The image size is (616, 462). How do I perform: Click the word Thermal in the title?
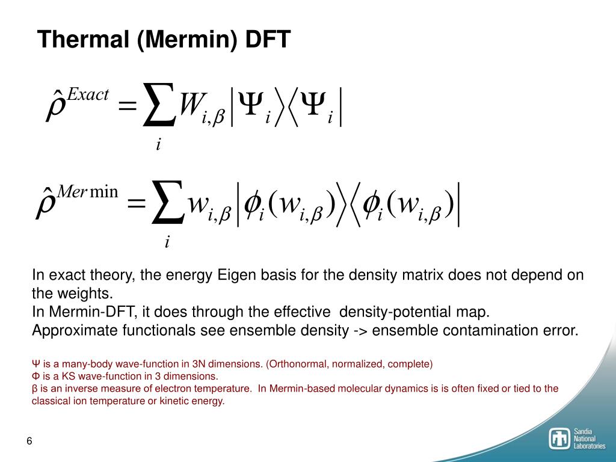pyautogui.click(x=84, y=39)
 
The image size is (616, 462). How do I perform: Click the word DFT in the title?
pyautogui.click(x=268, y=39)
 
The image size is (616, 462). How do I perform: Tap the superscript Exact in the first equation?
pyautogui.click(x=88, y=94)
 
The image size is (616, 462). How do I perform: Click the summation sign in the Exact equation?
pyautogui.click(x=158, y=105)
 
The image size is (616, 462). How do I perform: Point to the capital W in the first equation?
pyautogui.click(x=189, y=105)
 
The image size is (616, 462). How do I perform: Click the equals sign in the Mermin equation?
pyautogui.click(x=137, y=203)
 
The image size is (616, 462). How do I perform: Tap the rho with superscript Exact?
pyautogui.click(x=54, y=106)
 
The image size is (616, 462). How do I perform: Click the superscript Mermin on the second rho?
pyautogui.click(x=87, y=192)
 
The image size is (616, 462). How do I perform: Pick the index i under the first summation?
pyautogui.click(x=158, y=144)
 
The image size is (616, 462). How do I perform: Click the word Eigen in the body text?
pyautogui.click(x=235, y=275)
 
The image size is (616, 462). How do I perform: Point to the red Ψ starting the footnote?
pyautogui.click(x=35, y=364)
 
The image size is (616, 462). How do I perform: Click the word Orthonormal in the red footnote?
pyautogui.click(x=297, y=364)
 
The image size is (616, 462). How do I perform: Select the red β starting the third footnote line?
pyautogui.click(x=34, y=389)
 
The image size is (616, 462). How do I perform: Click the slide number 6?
pyautogui.click(x=29, y=441)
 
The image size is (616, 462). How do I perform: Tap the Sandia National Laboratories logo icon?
pyautogui.click(x=559, y=439)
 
